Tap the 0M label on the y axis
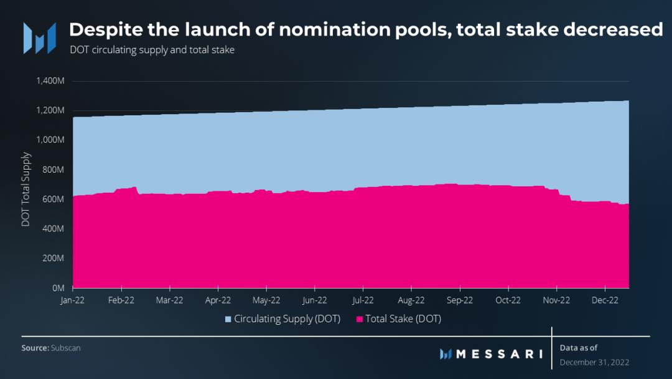pyautogui.click(x=59, y=288)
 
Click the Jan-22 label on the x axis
pyautogui.click(x=73, y=300)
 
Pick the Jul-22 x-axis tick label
pyautogui.click(x=362, y=300)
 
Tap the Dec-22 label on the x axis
pyautogui.click(x=604, y=300)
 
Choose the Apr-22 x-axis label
pyautogui.click(x=218, y=300)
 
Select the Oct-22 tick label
pyautogui.click(x=508, y=300)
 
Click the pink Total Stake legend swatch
pyautogui.click(x=359, y=319)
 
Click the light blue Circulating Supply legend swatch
pyautogui.click(x=228, y=319)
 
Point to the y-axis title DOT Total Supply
pyautogui.click(x=26, y=188)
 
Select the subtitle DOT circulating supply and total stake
pyautogui.click(x=152, y=50)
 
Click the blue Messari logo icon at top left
pyautogui.click(x=39, y=37)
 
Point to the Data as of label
pyautogui.click(x=579, y=348)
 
